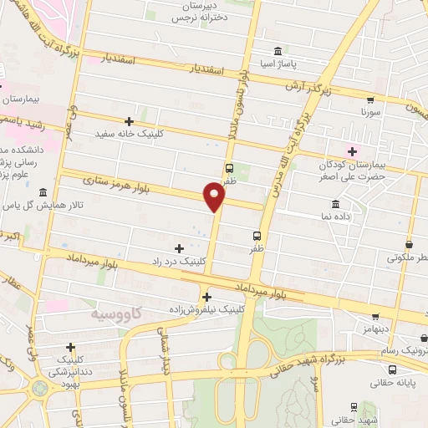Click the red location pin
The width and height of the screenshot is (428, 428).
215,197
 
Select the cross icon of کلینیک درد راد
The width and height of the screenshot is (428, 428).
179,247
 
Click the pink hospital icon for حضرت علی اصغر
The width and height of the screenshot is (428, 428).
352,151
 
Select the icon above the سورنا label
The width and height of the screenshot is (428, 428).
370,97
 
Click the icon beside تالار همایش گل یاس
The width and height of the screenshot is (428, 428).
43,192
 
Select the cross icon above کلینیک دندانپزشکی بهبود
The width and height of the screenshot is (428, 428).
70,347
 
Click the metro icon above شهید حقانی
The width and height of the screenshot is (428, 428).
354,406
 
